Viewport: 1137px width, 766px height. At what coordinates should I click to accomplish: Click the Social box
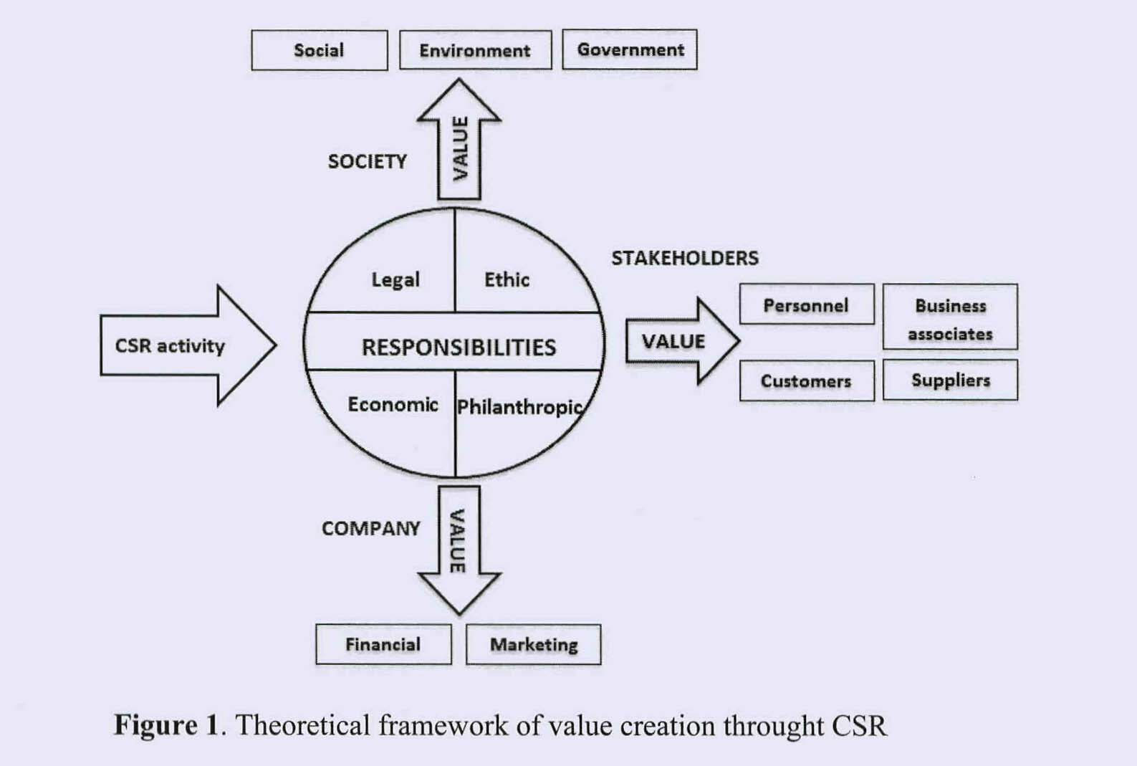pos(319,50)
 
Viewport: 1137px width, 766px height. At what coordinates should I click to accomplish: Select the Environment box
pos(475,50)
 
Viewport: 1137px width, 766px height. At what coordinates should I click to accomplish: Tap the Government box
pos(630,49)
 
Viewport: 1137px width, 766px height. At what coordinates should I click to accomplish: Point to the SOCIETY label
pos(367,161)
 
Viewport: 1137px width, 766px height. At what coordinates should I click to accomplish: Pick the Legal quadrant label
pos(395,279)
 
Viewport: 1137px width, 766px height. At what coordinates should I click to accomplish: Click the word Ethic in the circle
pos(507,279)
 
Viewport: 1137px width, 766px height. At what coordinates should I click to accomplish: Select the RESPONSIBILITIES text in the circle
pos(459,348)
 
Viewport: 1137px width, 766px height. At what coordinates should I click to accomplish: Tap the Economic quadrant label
pos(393,405)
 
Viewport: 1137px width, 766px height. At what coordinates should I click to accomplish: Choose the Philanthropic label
pos(519,407)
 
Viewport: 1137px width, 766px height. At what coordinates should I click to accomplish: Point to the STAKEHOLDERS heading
pos(684,258)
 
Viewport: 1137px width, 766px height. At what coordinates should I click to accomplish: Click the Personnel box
pos(806,305)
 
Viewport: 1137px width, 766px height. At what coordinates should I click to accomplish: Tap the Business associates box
pos(950,318)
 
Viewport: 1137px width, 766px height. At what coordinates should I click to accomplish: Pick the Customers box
pos(806,380)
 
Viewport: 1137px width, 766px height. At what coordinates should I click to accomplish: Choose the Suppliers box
pos(950,380)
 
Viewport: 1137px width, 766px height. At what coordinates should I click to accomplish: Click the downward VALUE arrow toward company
pos(459,545)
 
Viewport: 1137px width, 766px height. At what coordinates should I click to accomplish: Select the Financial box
pos(383,644)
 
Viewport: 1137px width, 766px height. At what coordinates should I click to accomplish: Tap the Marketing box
pos(534,644)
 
